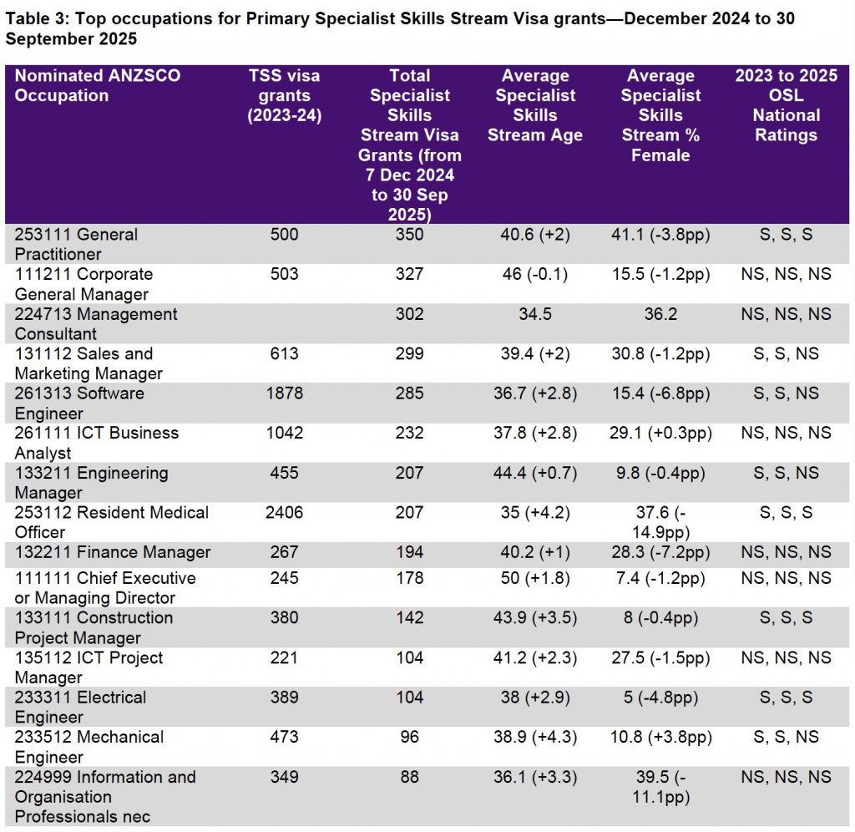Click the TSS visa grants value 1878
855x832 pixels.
click(x=284, y=393)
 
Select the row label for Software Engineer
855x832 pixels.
click(x=79, y=403)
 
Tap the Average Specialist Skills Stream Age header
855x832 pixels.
click(x=535, y=105)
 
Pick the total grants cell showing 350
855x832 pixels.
click(x=409, y=235)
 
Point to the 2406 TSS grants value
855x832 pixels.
click(x=284, y=512)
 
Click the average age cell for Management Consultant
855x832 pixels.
click(x=535, y=314)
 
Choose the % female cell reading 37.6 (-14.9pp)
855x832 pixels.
click(x=661, y=522)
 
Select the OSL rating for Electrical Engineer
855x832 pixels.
click(x=786, y=698)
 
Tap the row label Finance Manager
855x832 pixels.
click(x=113, y=552)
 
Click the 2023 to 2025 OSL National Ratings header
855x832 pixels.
click(x=786, y=105)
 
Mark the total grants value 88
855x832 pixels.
click(x=409, y=777)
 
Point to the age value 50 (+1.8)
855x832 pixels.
click(x=535, y=578)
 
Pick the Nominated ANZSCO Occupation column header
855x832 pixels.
click(x=98, y=85)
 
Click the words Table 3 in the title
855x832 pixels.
click(x=37, y=18)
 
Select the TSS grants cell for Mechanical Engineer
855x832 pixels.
click(x=284, y=737)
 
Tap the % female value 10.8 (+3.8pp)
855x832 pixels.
click(x=661, y=737)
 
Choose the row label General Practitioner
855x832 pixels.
click(x=76, y=245)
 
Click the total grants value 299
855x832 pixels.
click(x=409, y=353)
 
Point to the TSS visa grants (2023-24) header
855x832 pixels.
click(x=284, y=95)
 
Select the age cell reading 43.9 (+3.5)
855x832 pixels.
click(x=535, y=617)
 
